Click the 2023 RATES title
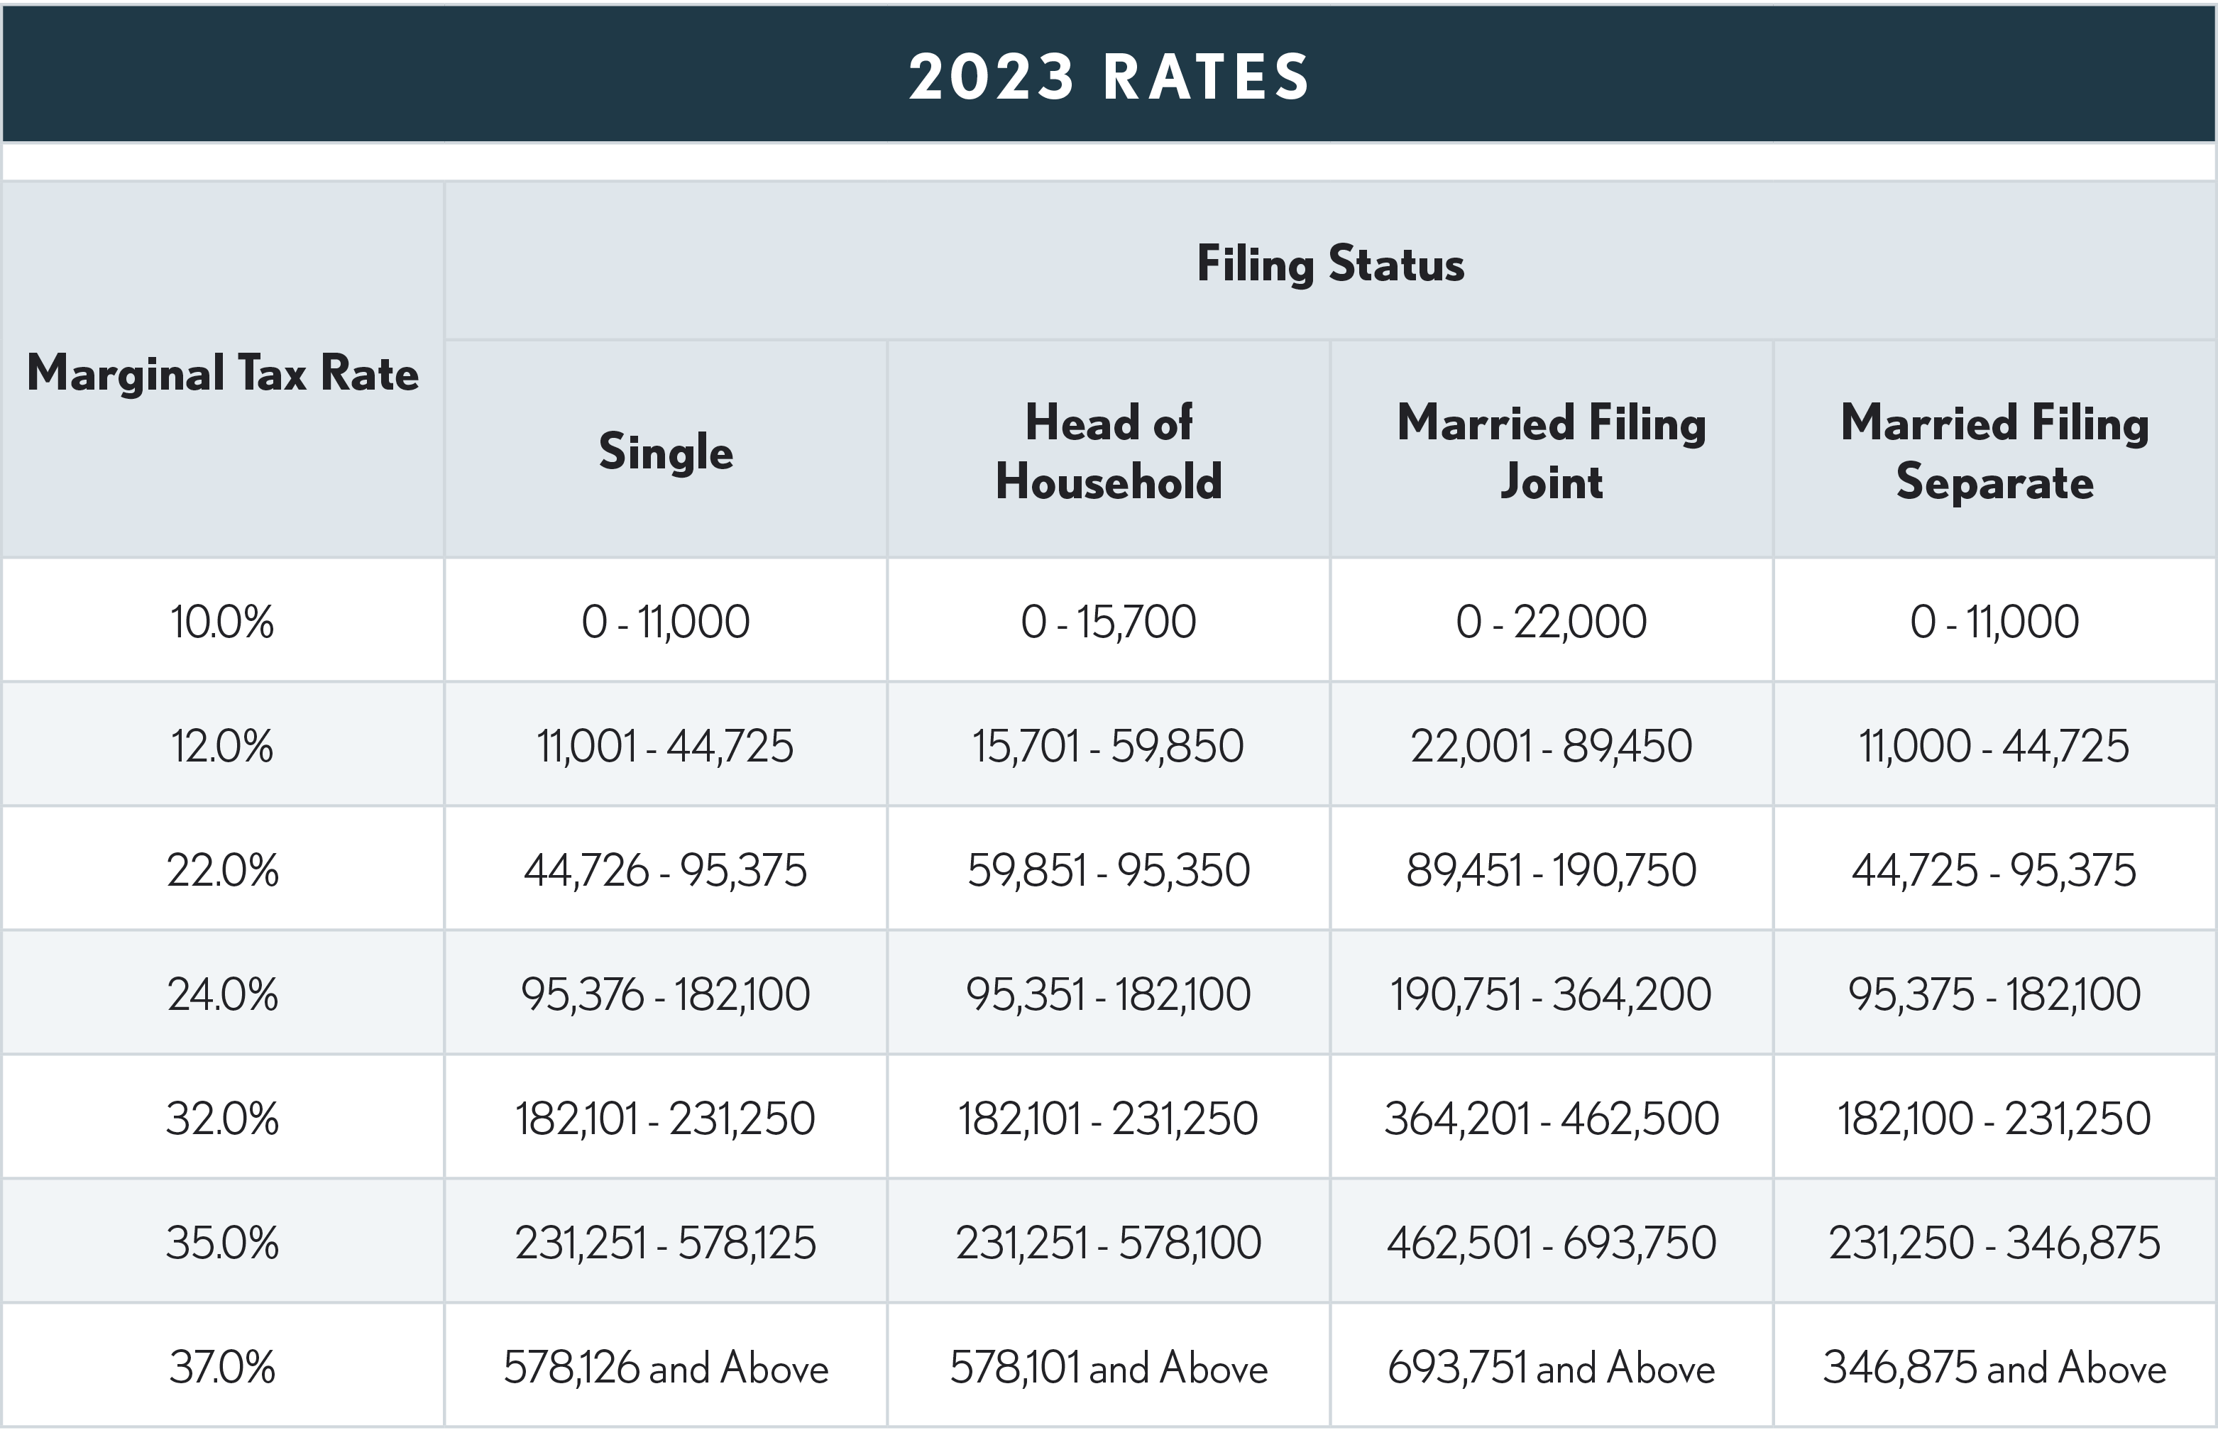1109,77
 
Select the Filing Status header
1330,264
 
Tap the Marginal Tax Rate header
223,373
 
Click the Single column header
666,452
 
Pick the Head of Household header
1108,452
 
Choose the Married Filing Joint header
1551,452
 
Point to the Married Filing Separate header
1994,452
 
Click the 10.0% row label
223,622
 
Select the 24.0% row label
223,994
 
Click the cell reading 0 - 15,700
1108,622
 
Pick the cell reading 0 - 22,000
1551,622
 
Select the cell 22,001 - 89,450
1551,746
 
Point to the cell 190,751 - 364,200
1551,994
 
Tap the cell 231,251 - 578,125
666,1243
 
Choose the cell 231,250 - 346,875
1994,1243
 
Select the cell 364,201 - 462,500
1551,1119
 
